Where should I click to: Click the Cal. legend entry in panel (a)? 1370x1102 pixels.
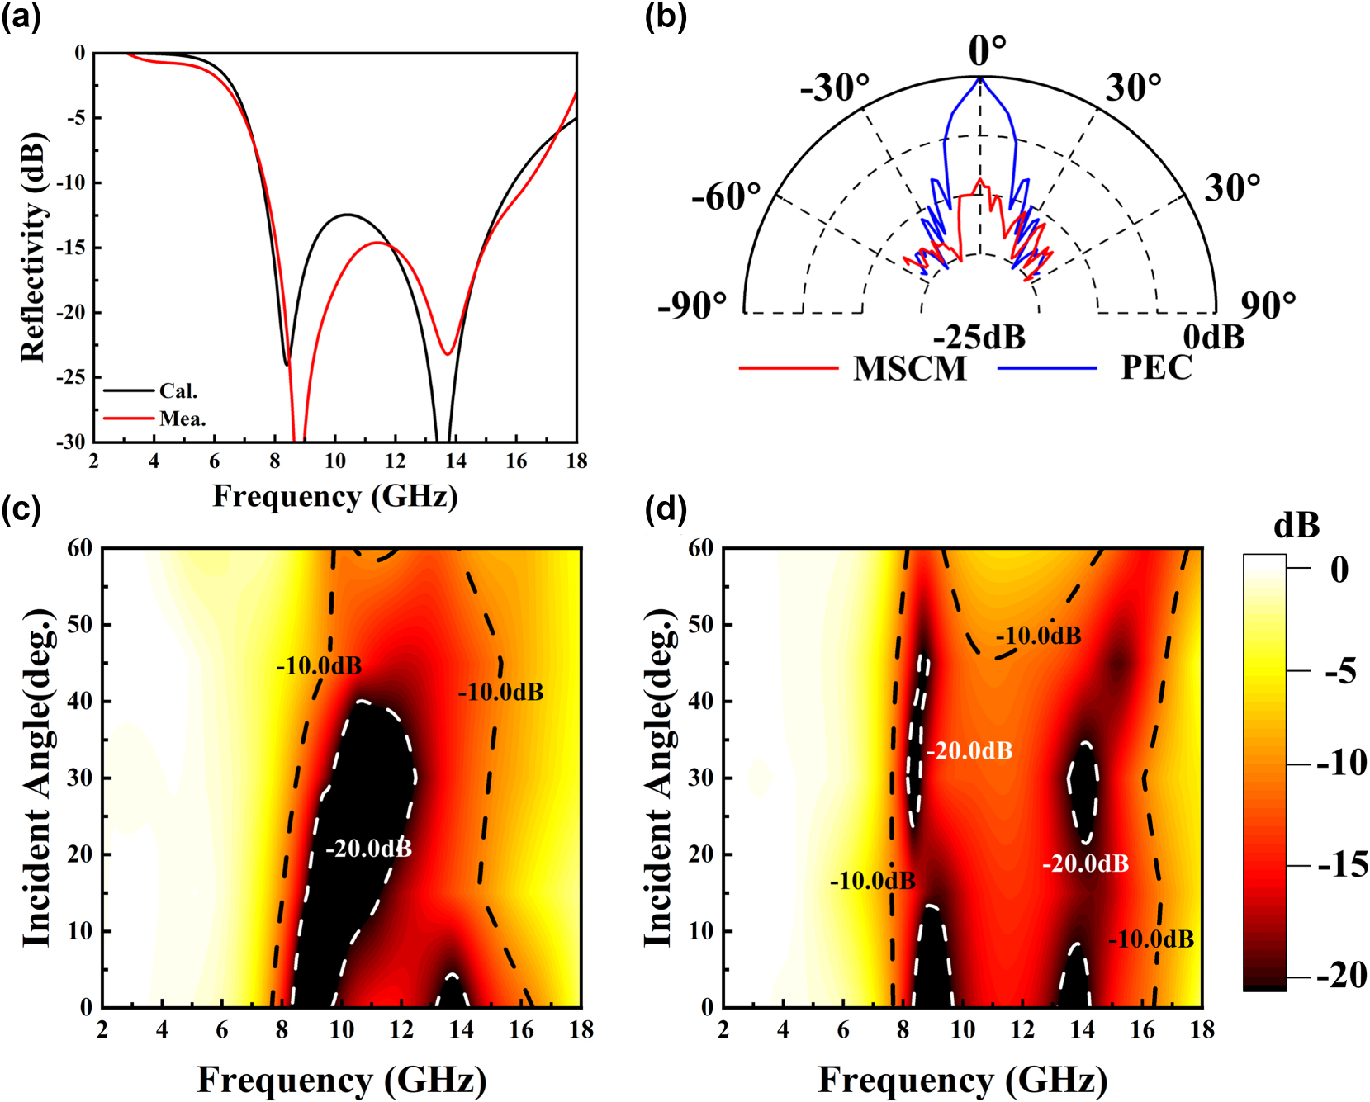178,390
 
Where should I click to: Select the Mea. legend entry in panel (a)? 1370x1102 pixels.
182,419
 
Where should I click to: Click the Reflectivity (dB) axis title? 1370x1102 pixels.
33,247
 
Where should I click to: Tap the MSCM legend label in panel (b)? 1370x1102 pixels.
909,368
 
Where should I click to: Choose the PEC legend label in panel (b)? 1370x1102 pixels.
1155,367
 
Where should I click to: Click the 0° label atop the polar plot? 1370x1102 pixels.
987,51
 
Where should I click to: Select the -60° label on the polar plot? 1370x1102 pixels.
726,197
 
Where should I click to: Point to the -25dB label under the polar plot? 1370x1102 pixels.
979,337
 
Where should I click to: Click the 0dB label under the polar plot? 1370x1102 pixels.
1213,337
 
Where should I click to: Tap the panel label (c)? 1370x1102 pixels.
21,508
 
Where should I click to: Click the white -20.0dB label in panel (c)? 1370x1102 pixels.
368,849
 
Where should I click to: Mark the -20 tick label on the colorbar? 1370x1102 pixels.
1341,975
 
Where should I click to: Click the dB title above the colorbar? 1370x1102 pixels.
1296,525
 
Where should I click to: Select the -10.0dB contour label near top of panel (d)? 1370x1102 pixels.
1037,636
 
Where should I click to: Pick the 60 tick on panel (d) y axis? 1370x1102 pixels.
700,547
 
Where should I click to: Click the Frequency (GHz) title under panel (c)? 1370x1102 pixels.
341,1079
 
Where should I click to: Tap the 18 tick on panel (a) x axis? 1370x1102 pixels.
576,461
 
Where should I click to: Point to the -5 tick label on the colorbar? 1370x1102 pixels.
1340,671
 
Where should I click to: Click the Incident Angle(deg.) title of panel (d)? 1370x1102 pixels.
658,778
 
